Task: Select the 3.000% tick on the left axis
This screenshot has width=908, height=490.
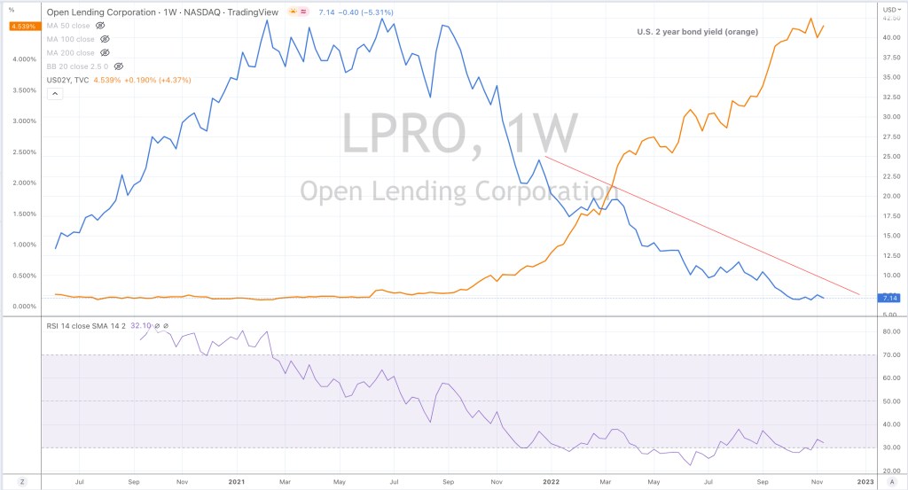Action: coord(24,121)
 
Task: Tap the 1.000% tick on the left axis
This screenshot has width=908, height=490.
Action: coord(24,245)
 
